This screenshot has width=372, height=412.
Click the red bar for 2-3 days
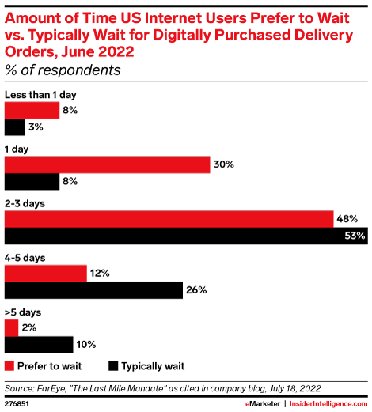click(168, 218)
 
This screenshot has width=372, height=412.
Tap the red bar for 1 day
click(108, 164)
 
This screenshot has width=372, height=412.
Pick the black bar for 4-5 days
click(93, 290)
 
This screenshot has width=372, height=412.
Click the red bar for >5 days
click(11, 327)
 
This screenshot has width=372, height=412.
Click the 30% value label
click(222, 164)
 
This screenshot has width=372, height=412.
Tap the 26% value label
click(195, 290)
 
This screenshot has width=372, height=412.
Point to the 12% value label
click(99, 273)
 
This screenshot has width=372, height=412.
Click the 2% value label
click(28, 327)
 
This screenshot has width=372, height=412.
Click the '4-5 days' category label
click(25, 258)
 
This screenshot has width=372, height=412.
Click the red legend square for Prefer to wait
click(9, 366)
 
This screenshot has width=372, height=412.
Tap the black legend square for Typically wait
click(113, 366)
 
